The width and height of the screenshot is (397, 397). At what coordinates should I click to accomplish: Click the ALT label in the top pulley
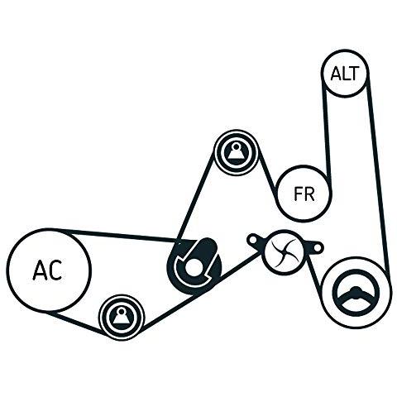pos(345,73)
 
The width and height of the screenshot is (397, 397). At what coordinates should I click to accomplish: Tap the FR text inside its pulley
pos(304,194)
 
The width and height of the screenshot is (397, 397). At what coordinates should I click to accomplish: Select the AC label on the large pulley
pos(47,270)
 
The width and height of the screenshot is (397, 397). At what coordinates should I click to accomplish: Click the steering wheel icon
pos(356,296)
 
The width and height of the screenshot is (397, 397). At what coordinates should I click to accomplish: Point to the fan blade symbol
pos(284,252)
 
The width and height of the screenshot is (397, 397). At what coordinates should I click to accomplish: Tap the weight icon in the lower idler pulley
pos(122,317)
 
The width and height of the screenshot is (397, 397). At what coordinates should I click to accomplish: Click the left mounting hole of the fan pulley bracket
pos(252,241)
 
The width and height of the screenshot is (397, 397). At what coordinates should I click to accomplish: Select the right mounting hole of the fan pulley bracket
pos(318,249)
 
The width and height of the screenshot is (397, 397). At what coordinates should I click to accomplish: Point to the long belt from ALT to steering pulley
pos(378,174)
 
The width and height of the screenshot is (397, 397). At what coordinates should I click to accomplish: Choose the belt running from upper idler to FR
pos(268,178)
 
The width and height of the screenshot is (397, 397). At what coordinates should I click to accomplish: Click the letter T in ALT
pos(354,74)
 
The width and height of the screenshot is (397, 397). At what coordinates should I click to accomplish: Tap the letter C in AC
pos(55,270)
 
